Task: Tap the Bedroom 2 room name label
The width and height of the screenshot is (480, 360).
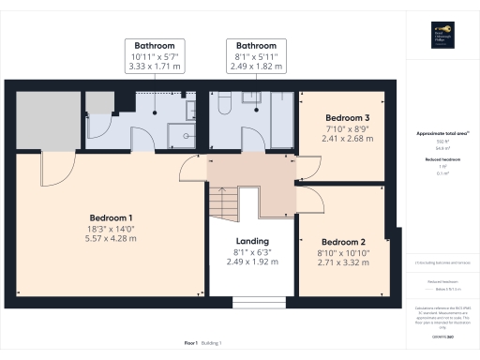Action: click(345, 241)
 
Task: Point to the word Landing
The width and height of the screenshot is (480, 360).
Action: click(252, 240)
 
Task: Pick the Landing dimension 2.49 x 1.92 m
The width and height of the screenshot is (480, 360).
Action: click(252, 262)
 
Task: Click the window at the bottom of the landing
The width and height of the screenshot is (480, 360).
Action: click(252, 302)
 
